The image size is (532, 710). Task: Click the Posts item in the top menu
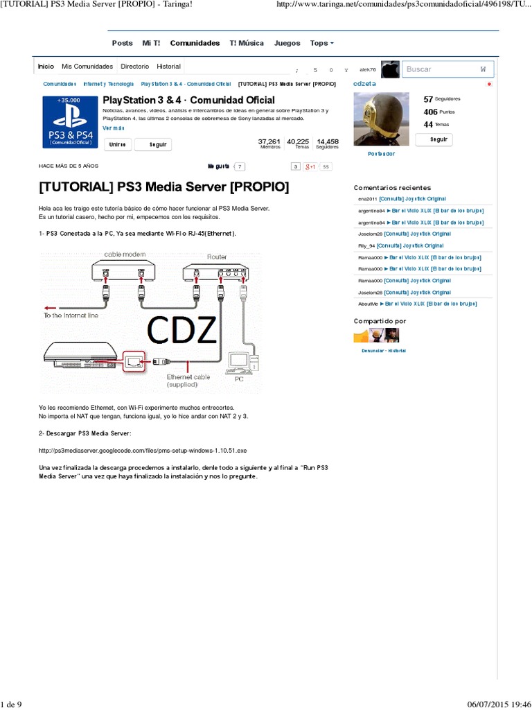(122, 43)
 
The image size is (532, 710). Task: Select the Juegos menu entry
(287, 43)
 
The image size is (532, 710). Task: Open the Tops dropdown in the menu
(321, 43)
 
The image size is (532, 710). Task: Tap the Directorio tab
(134, 67)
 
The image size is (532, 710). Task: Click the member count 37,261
(269, 141)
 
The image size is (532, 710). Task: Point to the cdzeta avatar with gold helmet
(381, 119)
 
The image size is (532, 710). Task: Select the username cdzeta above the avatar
(364, 83)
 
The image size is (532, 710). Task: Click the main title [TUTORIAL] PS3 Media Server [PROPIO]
(164, 188)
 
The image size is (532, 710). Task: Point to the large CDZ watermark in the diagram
(182, 331)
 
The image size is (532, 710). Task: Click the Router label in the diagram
(217, 257)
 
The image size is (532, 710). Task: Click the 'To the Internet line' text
(72, 315)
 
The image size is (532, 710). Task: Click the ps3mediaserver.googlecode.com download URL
(143, 450)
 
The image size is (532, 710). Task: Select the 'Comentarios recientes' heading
(392, 188)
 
